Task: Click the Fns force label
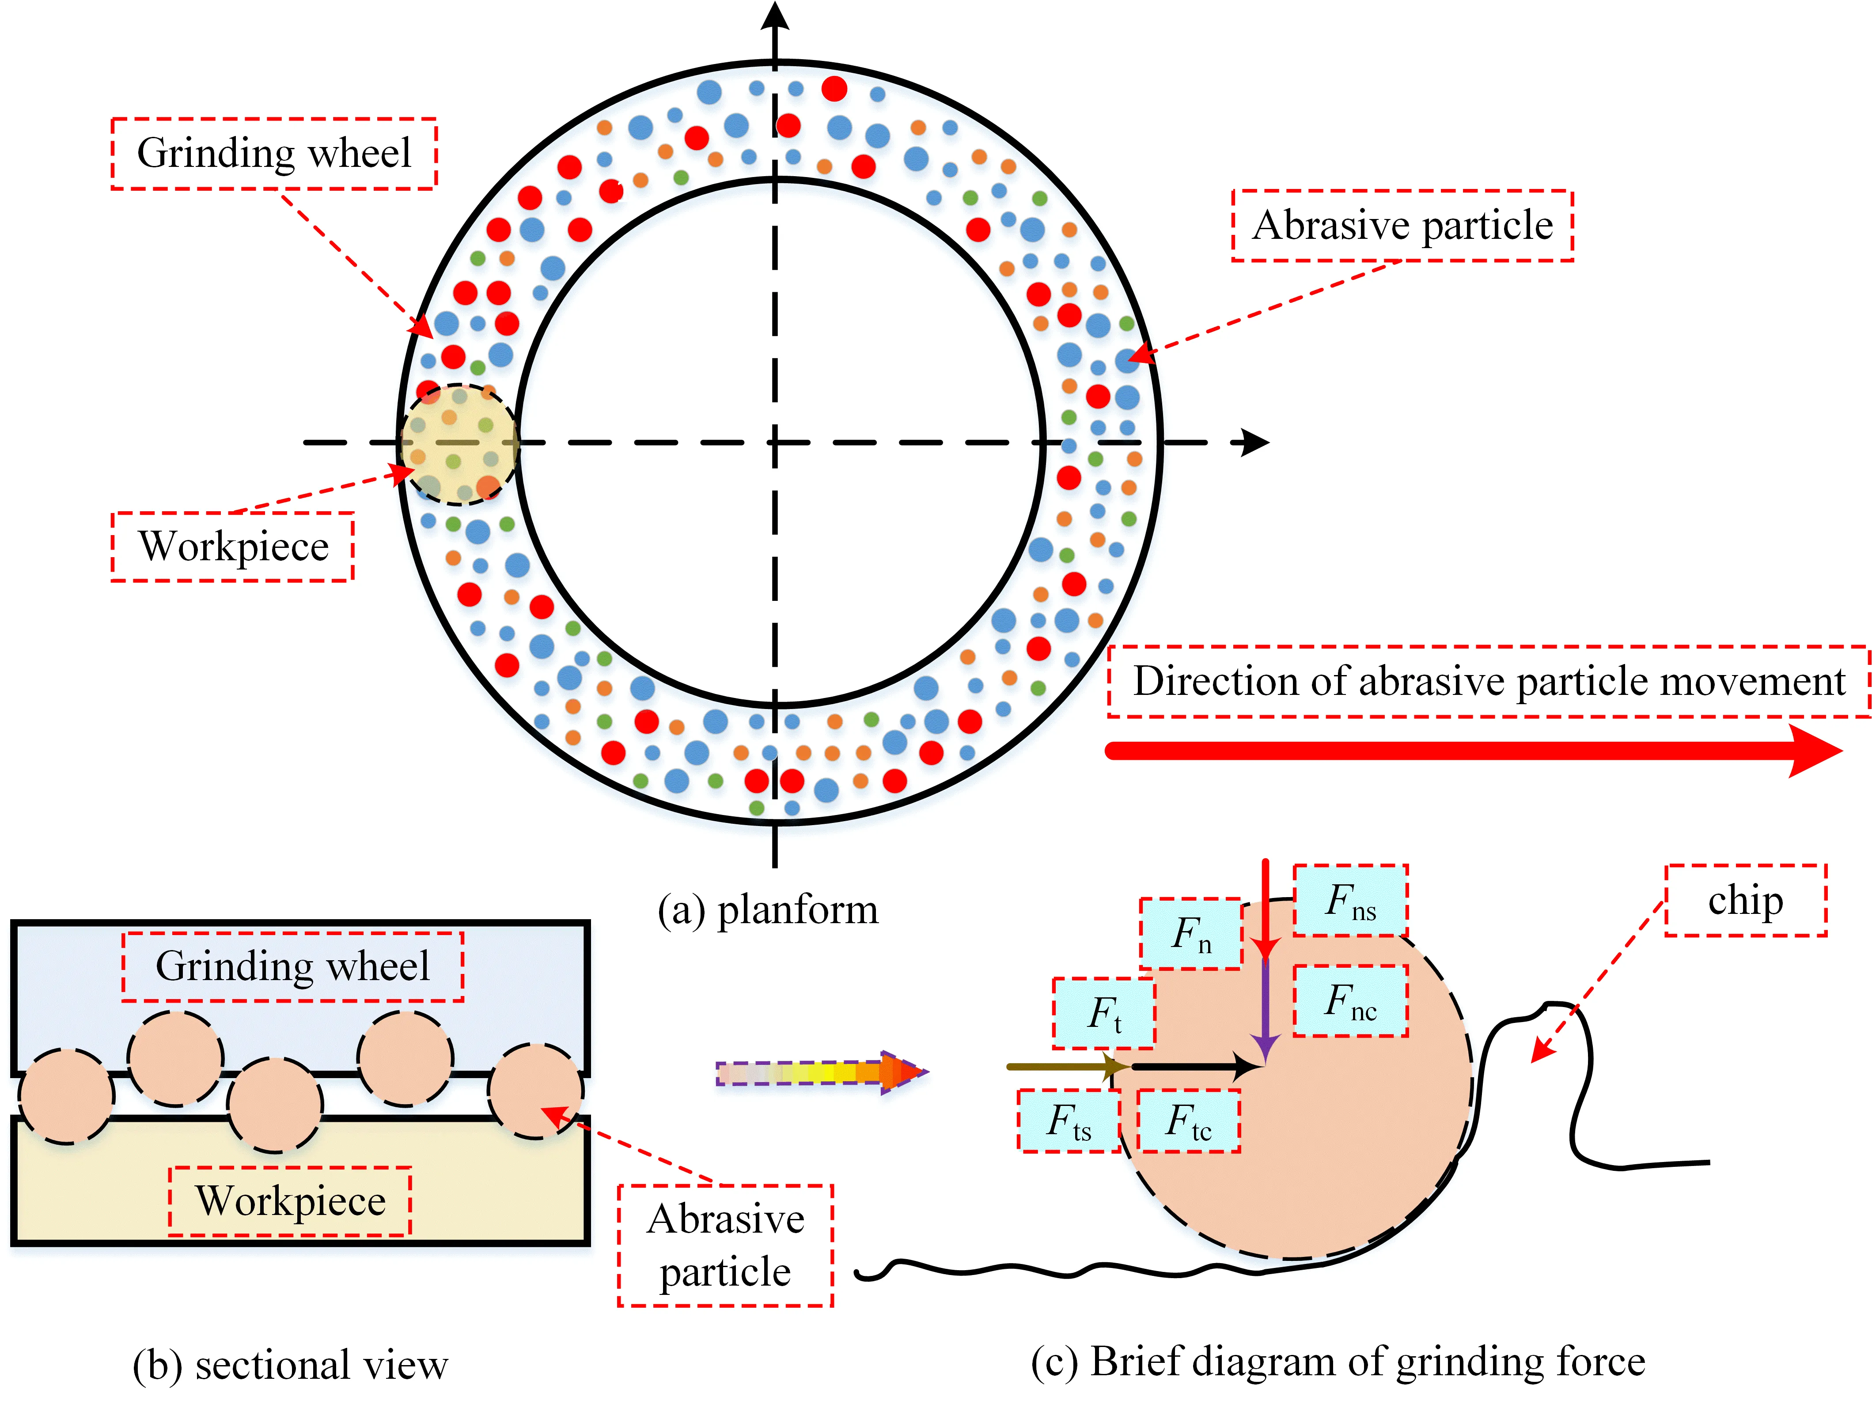(x=1350, y=901)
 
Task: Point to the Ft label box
(x=1103, y=1013)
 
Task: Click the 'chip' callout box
(x=1745, y=901)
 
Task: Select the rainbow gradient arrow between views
(x=821, y=1073)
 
